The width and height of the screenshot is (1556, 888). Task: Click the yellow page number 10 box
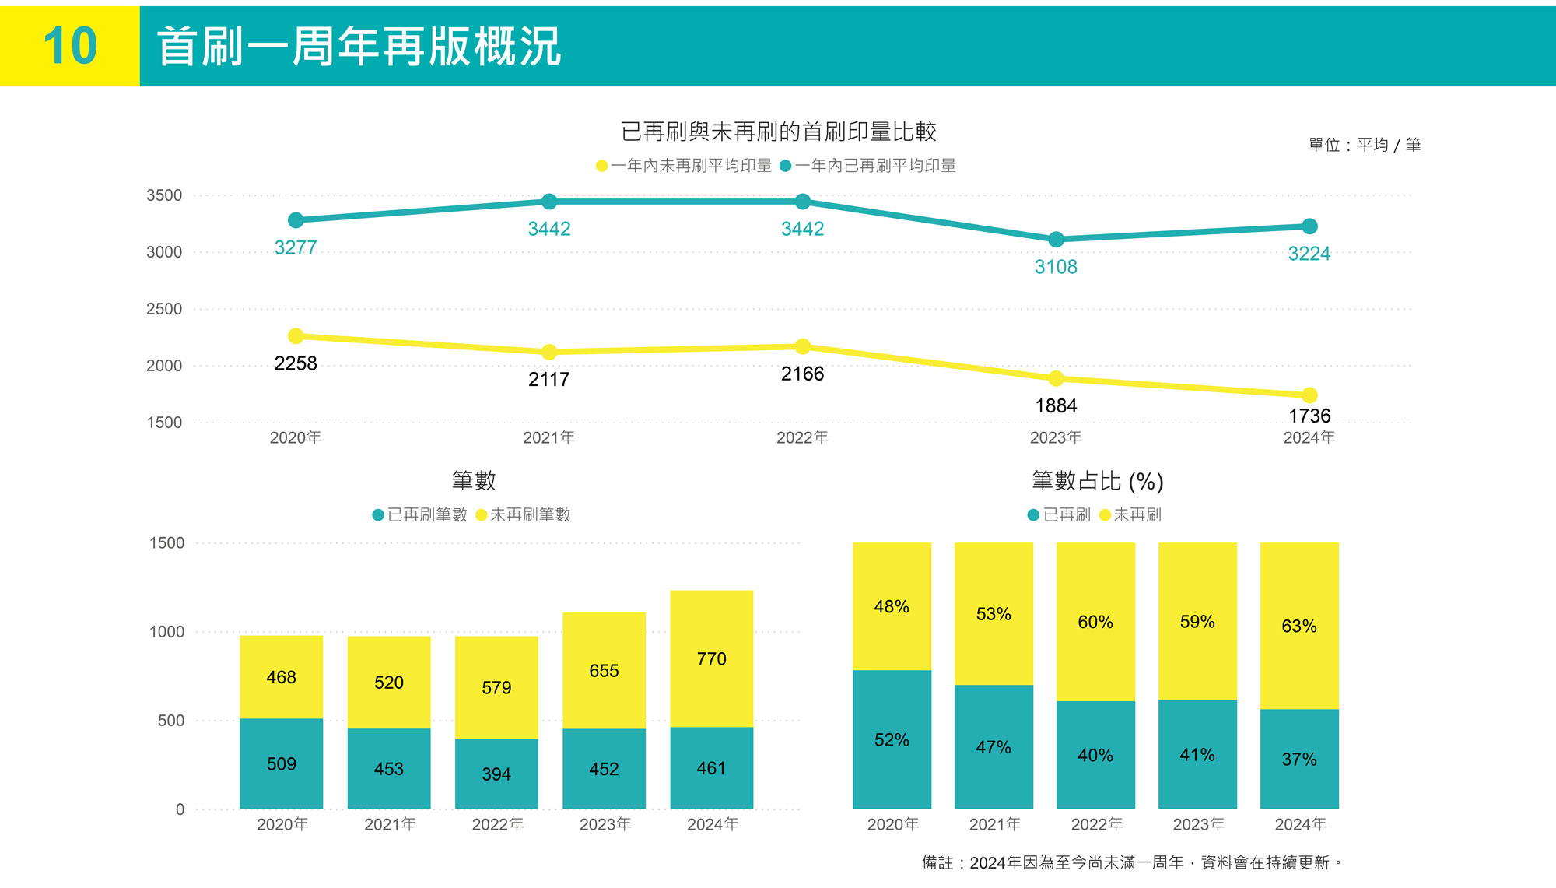click(x=70, y=46)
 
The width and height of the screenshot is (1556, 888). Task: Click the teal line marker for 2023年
click(x=1056, y=240)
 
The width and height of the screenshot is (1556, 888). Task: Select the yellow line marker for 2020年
click(x=296, y=336)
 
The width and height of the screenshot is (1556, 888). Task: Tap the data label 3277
click(x=296, y=247)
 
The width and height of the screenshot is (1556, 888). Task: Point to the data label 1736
click(x=1309, y=416)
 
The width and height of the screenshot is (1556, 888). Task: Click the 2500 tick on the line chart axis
click(x=164, y=309)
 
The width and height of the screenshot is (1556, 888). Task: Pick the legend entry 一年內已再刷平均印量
click(x=868, y=166)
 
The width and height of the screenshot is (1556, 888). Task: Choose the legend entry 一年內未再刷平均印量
click(x=685, y=166)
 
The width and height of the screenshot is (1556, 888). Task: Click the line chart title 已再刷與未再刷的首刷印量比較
click(x=778, y=132)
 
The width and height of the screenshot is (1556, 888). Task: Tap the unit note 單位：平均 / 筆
click(x=1364, y=145)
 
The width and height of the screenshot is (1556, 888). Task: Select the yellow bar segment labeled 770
click(x=711, y=658)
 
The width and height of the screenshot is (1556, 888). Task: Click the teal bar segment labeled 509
click(x=281, y=763)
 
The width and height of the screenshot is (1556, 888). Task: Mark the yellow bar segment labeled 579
click(x=496, y=687)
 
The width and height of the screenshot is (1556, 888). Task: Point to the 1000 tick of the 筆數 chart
click(x=167, y=632)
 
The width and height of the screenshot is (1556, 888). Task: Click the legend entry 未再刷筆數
click(x=523, y=514)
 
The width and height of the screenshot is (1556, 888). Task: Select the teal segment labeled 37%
click(x=1299, y=759)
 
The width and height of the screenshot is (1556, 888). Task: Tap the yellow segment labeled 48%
click(x=892, y=606)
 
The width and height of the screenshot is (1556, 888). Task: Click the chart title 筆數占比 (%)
click(x=1097, y=481)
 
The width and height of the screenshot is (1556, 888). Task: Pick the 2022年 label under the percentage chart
click(x=1096, y=824)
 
